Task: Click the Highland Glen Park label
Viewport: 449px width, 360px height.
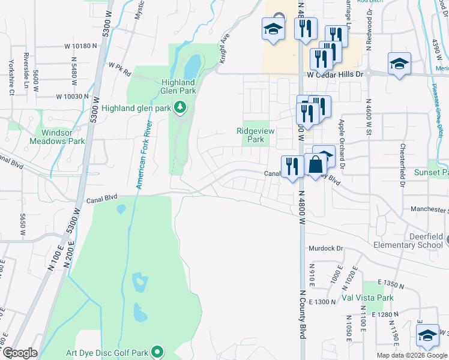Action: pyautogui.click(x=178, y=86)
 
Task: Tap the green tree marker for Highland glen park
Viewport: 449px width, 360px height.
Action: pyautogui.click(x=179, y=108)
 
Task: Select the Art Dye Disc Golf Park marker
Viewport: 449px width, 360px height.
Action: pyautogui.click(x=158, y=352)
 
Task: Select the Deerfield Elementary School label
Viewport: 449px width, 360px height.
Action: pyautogui.click(x=408, y=241)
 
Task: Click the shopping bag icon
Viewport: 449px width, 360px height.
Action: pyautogui.click(x=315, y=164)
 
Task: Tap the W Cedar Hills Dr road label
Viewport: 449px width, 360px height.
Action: pyautogui.click(x=335, y=74)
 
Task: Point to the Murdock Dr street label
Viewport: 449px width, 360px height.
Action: pyautogui.click(x=325, y=248)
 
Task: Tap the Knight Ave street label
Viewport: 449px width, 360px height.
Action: pyautogui.click(x=225, y=49)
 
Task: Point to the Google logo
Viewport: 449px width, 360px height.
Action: pyautogui.click(x=20, y=353)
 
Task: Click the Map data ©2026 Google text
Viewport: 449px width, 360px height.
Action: pyautogui.click(x=412, y=355)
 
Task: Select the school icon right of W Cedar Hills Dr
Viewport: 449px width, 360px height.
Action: pyautogui.click(x=399, y=64)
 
